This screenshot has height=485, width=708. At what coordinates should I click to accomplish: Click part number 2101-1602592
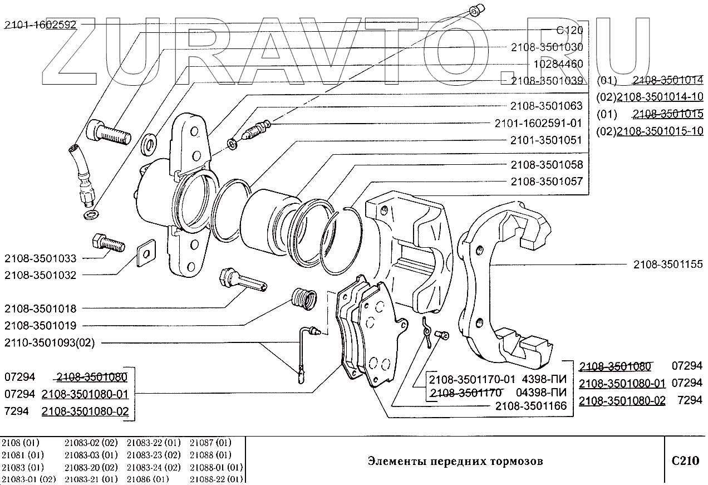pos(41,25)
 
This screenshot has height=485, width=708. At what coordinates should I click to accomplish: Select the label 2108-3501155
pos(668,265)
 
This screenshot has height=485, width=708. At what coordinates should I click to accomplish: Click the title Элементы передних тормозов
pos(455,461)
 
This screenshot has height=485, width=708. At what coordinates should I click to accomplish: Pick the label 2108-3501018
pos(40,308)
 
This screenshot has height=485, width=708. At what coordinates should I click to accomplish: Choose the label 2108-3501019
pos(40,326)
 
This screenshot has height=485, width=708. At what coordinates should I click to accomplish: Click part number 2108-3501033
pos(40,258)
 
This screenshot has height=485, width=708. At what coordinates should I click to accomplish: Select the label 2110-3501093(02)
pos(50,343)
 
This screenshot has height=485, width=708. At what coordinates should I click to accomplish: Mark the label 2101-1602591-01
pos(538,123)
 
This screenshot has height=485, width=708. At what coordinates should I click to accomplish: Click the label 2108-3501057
pos(547,182)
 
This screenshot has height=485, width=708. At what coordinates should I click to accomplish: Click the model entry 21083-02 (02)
pos(91,443)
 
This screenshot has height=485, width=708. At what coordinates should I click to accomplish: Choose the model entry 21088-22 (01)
pos(216,479)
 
